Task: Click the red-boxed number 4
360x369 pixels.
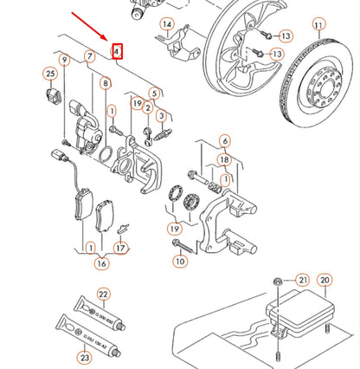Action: coord(118,52)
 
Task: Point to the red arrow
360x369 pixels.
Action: coord(90,25)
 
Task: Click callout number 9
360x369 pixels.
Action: coord(64,59)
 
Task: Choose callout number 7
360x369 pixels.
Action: coord(89,58)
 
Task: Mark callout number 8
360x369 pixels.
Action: coord(105,84)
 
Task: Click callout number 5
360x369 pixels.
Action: coord(154,93)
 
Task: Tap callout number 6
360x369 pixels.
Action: coord(224,141)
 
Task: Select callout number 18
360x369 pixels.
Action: coord(224,160)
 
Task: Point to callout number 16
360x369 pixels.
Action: coord(101,263)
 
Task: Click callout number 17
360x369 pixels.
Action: coord(121,248)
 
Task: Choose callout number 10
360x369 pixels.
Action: coord(180,260)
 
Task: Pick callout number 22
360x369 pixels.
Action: coord(103,295)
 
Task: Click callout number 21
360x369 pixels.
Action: coord(301,279)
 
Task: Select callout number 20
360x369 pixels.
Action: coord(325,279)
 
